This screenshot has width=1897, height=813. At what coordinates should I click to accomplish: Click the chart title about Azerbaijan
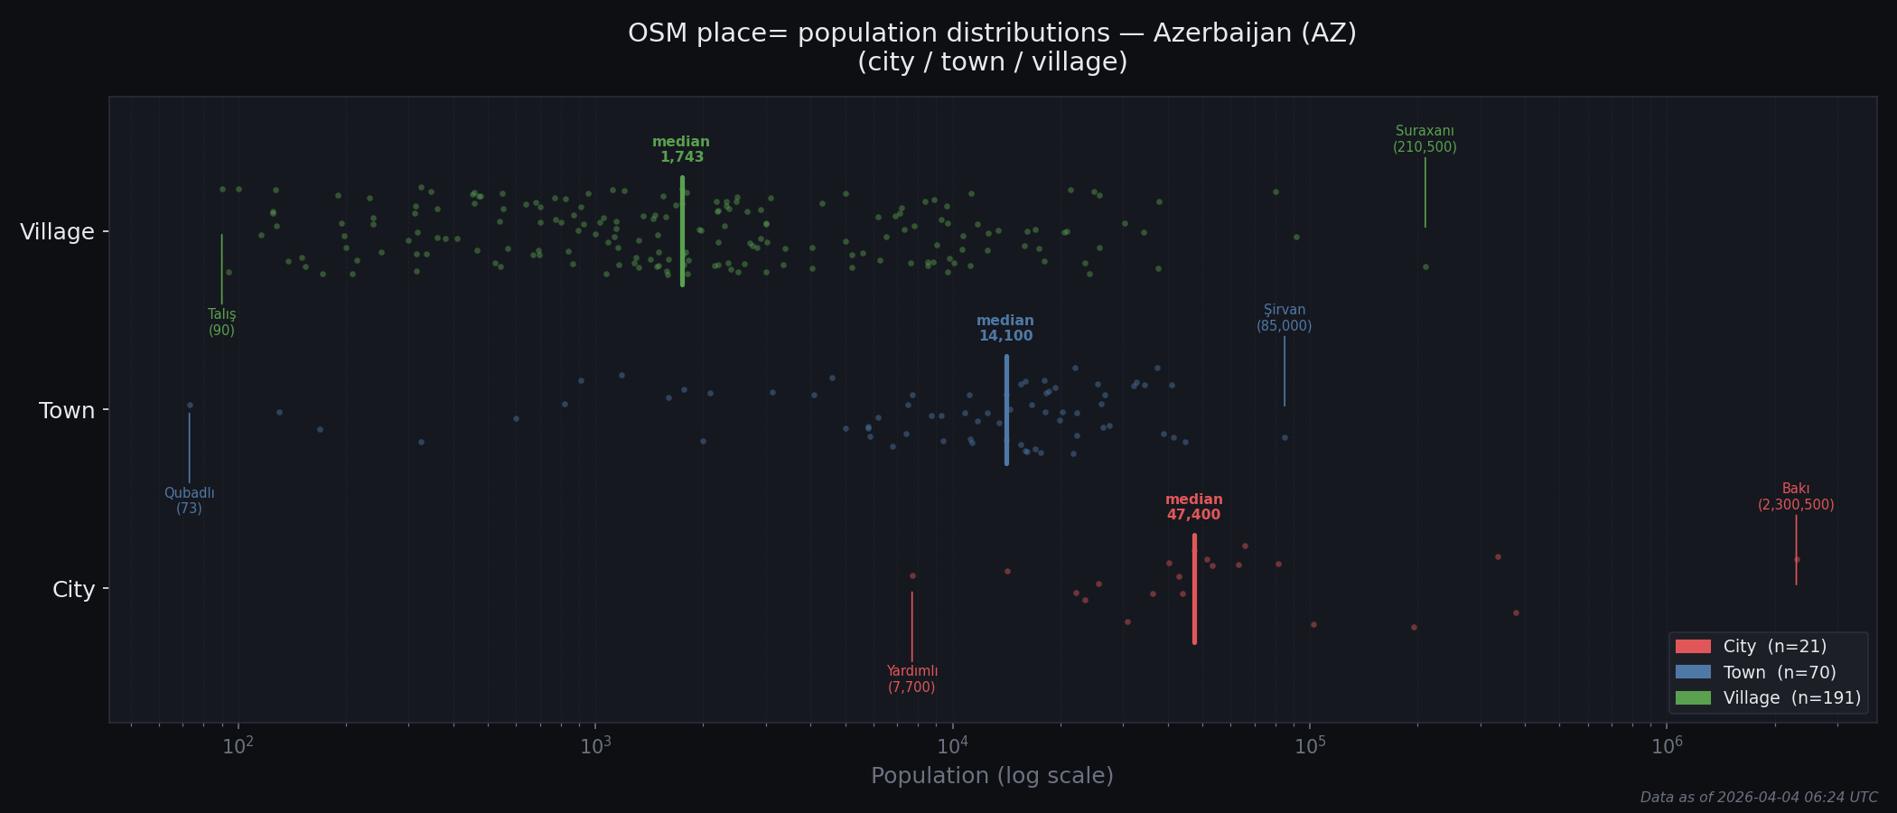point(992,47)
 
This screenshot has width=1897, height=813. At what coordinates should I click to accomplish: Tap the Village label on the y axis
point(58,232)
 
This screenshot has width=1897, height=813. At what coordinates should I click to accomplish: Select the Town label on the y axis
point(67,411)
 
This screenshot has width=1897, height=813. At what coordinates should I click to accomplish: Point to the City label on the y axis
point(73,590)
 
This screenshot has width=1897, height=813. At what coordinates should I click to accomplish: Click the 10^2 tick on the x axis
point(238,746)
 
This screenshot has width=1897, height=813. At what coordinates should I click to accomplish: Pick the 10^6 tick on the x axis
point(1667,746)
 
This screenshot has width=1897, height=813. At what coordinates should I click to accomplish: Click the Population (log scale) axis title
point(992,776)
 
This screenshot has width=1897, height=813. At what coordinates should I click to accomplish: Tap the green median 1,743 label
point(681,150)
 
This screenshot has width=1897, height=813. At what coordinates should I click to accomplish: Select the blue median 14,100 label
point(1005,329)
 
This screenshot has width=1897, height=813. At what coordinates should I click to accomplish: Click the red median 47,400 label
point(1193,508)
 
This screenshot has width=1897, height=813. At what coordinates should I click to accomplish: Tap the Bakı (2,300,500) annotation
point(1796,498)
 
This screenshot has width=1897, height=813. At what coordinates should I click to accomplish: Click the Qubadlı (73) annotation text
point(189,501)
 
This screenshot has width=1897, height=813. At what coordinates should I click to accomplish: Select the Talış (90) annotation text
point(221,322)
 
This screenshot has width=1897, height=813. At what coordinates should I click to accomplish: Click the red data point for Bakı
point(1796,559)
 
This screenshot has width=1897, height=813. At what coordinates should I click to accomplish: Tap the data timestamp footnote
point(1758,798)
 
